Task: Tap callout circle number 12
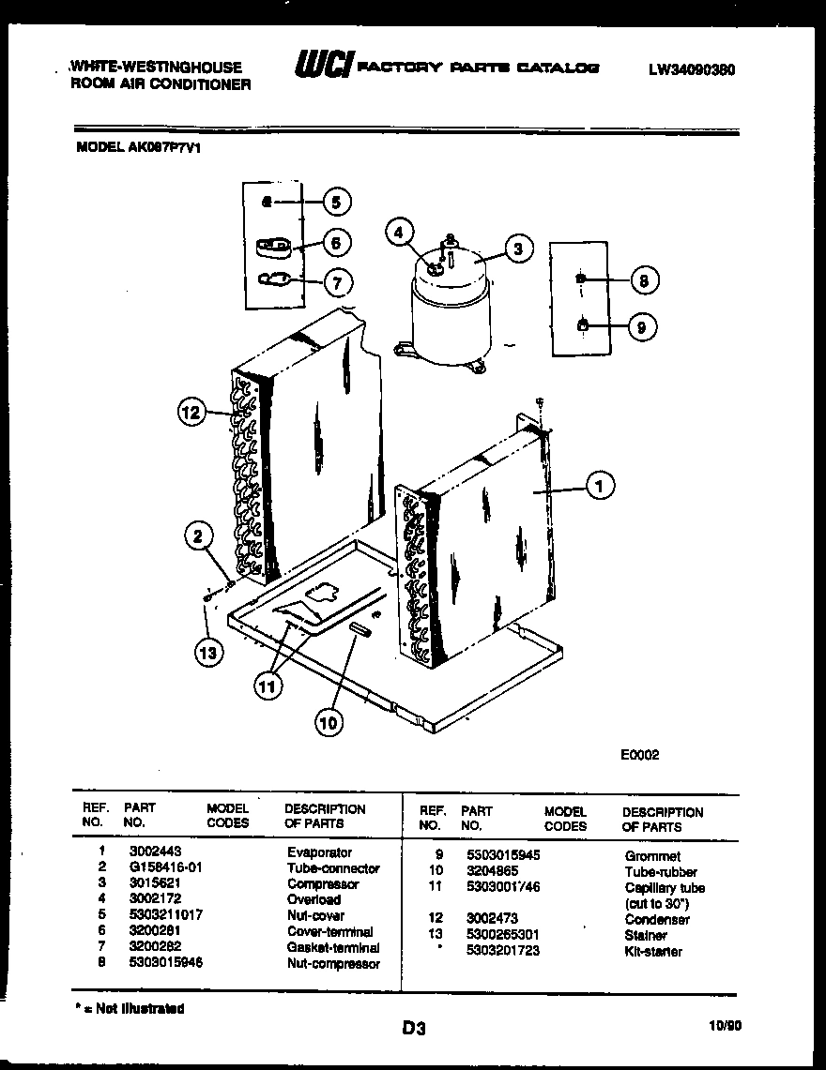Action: coord(191,412)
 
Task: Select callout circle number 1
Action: coord(600,485)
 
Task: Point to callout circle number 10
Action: coord(329,722)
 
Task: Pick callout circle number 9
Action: coord(641,327)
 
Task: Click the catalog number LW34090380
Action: coord(691,69)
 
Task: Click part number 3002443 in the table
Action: coord(149,852)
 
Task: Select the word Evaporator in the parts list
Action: coord(319,852)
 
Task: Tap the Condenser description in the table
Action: coord(657,920)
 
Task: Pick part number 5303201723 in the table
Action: coord(502,952)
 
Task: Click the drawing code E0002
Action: coord(639,753)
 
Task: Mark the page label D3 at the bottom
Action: coord(414,1029)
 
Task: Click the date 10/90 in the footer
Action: coord(727,1026)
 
